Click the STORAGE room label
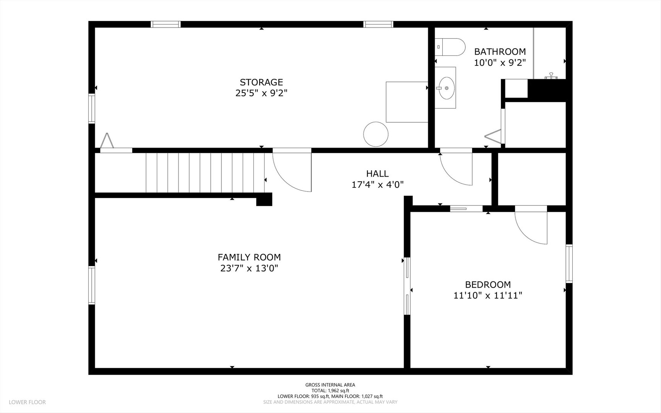261,82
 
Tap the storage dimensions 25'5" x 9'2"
261,93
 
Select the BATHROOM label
500,52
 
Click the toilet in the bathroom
450,47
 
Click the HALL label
377,174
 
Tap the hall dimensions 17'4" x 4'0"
377,185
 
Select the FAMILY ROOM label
249,257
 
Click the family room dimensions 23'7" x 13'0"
249,268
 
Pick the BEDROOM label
488,285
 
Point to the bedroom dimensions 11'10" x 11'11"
488,295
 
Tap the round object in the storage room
376,134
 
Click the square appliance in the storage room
407,102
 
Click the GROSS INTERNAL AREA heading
330,385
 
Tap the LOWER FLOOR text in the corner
27,402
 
